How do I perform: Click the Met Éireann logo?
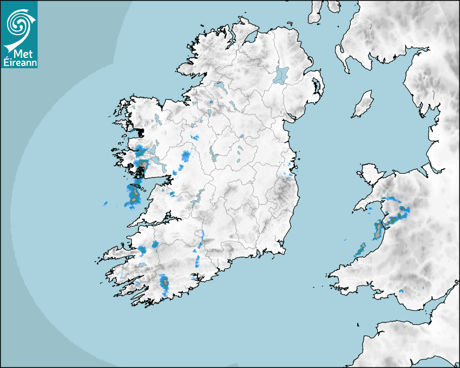19,34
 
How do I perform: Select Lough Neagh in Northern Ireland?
281,74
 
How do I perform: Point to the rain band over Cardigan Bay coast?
377,229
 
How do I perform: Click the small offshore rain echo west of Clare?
105,203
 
